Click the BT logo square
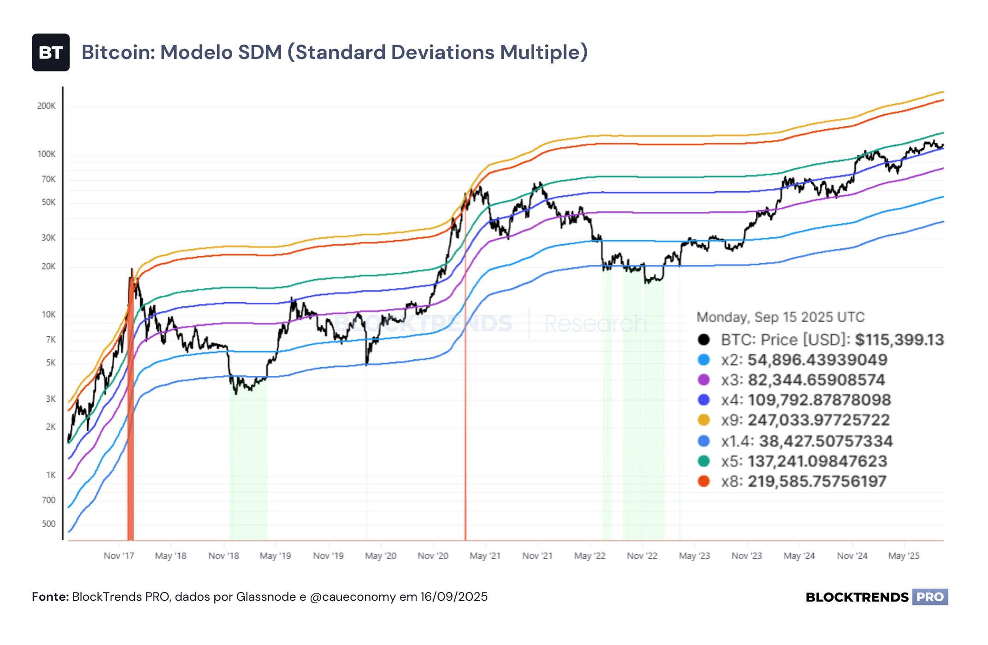point(51,53)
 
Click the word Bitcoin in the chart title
point(118,52)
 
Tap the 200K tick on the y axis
point(47,106)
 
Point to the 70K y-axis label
point(49,179)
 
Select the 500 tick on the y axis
point(49,524)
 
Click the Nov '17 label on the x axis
point(119,556)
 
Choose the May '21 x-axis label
point(485,556)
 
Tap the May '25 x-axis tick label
point(904,556)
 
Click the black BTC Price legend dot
point(704,340)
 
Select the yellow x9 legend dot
point(704,420)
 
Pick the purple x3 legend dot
point(704,380)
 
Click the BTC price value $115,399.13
point(900,340)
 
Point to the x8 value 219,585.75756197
point(817,481)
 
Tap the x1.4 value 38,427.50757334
point(826,441)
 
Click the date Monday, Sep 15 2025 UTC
point(781,317)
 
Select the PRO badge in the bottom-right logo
point(930,597)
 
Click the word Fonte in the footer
point(50,597)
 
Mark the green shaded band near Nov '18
point(248,458)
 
